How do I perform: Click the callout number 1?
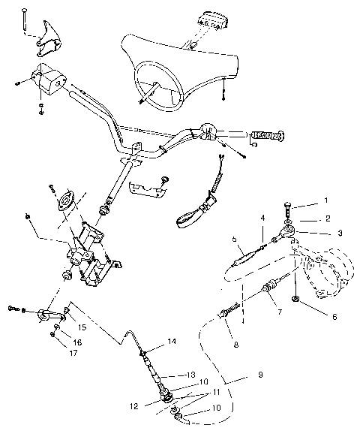tap(325, 201)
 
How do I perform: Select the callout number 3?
tap(340, 234)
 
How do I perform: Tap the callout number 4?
tap(262, 219)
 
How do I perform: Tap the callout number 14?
tap(172, 342)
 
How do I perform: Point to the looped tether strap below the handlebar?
tap(193, 210)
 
